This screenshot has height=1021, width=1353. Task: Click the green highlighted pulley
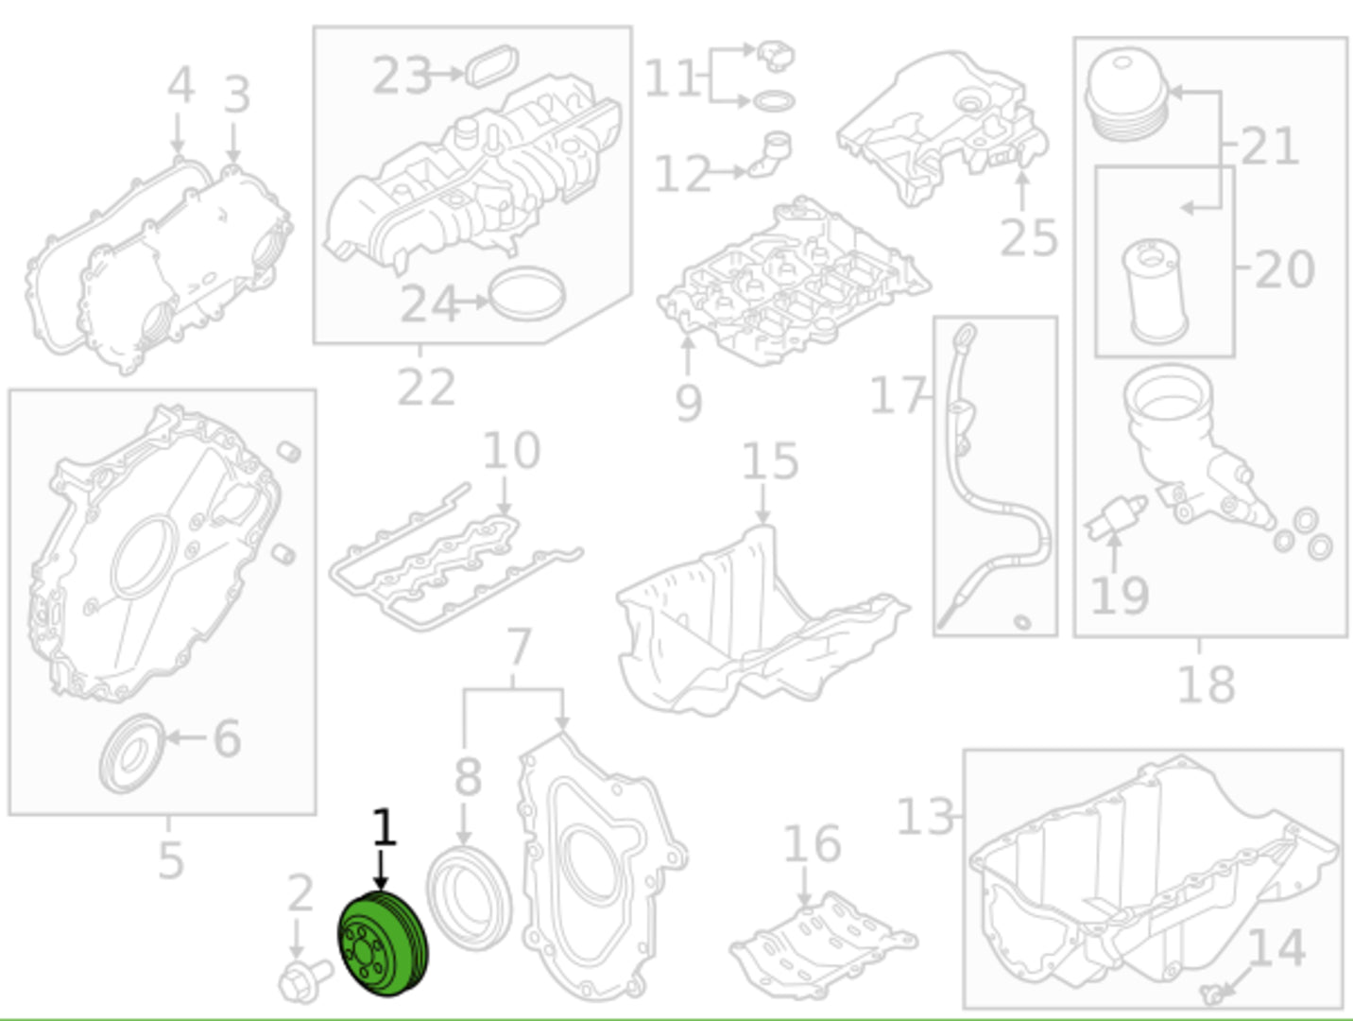click(x=383, y=943)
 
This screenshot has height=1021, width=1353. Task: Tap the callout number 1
click(x=384, y=827)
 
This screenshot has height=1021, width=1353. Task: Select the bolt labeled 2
click(x=304, y=979)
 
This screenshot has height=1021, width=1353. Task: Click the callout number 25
click(x=1029, y=238)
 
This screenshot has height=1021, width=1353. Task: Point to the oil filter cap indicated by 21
click(x=1126, y=94)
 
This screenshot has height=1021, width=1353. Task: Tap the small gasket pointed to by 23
click(x=492, y=66)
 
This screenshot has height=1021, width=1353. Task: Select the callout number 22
click(x=426, y=388)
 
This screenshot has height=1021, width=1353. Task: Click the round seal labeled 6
click(x=132, y=753)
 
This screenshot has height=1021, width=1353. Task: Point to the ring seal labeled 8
click(x=469, y=898)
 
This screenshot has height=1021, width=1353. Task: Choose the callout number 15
click(x=770, y=461)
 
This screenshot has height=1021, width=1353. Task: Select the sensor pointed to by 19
click(x=1116, y=518)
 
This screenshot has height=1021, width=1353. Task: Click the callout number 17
click(x=898, y=394)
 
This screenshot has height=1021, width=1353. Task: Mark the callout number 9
click(x=689, y=403)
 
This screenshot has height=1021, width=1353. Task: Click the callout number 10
click(x=511, y=450)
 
